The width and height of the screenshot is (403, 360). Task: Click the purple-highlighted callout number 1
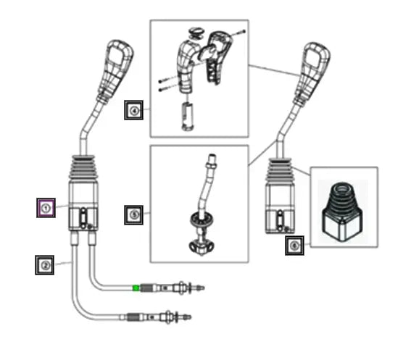(x=46, y=208)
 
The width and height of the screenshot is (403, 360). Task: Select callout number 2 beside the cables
(x=45, y=265)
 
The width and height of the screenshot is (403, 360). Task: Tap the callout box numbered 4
(x=133, y=111)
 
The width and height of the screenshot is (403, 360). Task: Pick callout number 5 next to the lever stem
(x=133, y=214)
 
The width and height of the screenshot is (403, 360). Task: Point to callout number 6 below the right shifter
(x=294, y=246)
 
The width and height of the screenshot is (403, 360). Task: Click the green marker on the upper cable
(x=136, y=288)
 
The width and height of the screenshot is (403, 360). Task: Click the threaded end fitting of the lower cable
(x=136, y=317)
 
